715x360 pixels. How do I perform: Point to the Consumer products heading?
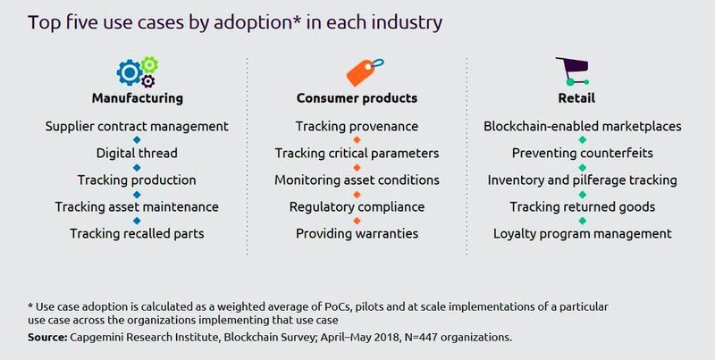[x=357, y=97]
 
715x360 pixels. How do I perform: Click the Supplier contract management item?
[x=137, y=126]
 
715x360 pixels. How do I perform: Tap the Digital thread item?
[x=137, y=153]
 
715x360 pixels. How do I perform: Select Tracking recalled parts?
[x=137, y=234]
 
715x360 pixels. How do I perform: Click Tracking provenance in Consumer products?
[x=356, y=126]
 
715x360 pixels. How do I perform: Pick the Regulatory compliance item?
[x=356, y=207]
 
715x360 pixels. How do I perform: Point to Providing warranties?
[x=356, y=234]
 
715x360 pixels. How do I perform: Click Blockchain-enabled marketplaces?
[x=582, y=126]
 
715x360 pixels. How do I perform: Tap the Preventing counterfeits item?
[x=582, y=153]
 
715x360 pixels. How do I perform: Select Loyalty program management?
[x=582, y=234]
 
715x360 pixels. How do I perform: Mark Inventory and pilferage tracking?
[x=582, y=180]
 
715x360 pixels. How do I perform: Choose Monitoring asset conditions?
[x=356, y=180]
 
